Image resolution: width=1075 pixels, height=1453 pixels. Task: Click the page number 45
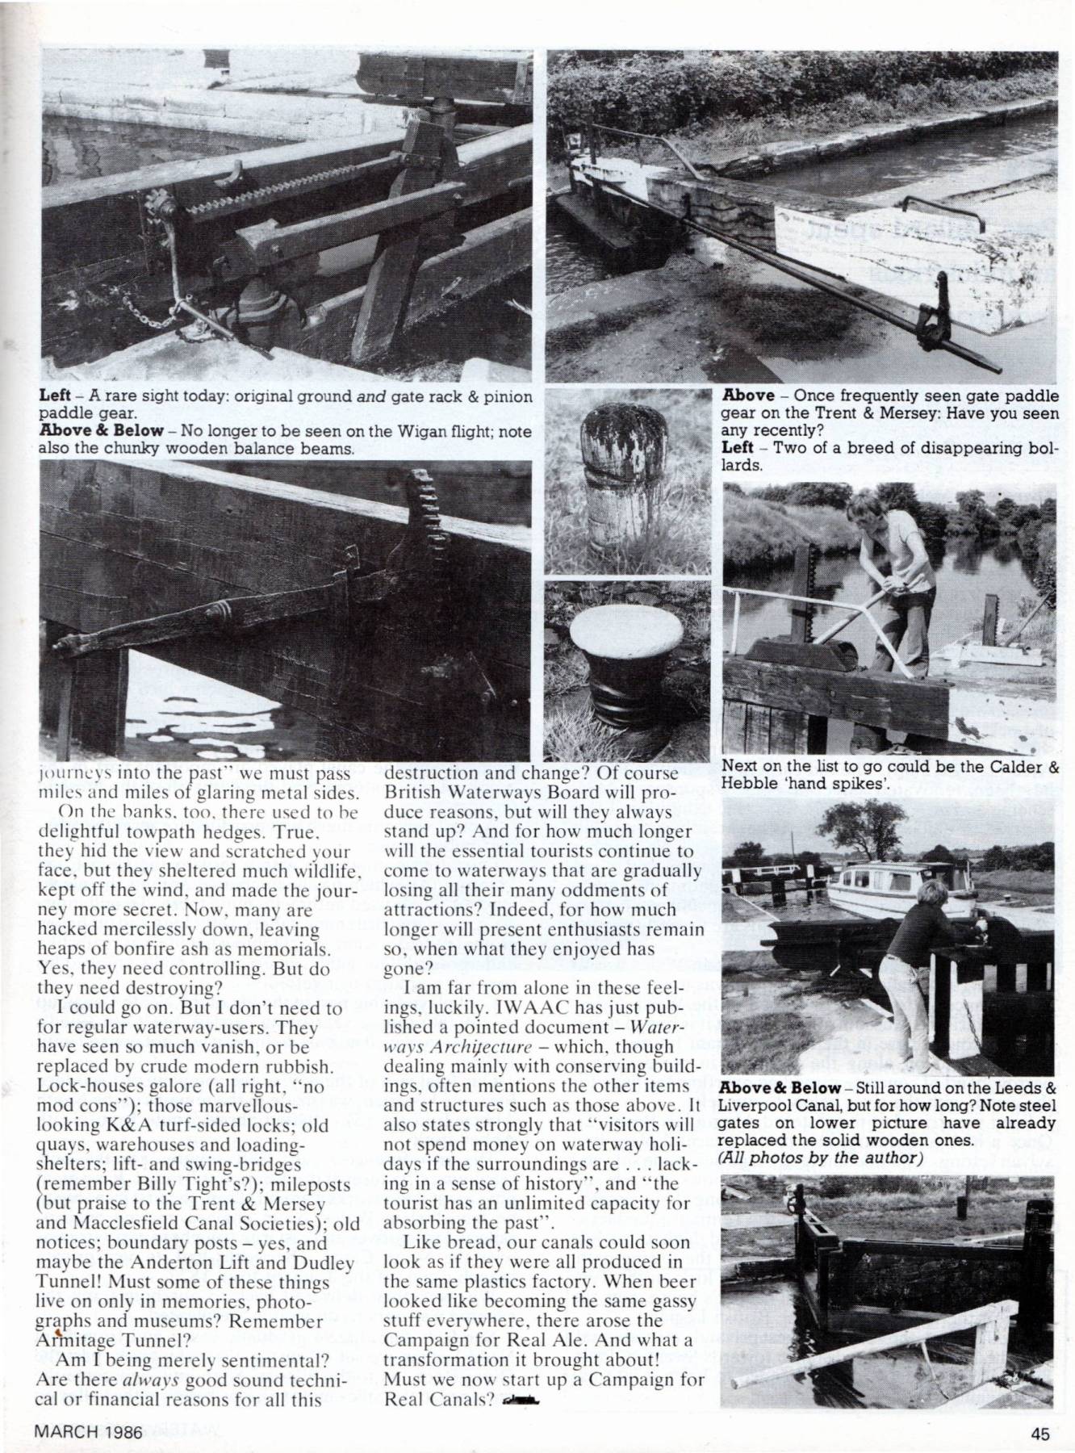[1039, 1434]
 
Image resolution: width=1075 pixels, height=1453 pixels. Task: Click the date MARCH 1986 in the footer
[88, 1434]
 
